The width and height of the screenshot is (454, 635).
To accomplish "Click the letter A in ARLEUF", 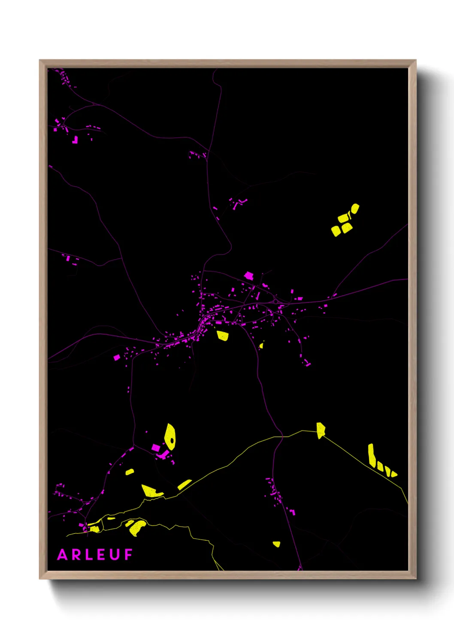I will click(x=62, y=555).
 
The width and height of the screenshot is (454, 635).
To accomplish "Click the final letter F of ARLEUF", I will click(x=128, y=555).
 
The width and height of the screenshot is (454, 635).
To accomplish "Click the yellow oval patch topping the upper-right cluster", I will click(x=355, y=209).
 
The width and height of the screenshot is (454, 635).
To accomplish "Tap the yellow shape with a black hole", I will click(x=170, y=437).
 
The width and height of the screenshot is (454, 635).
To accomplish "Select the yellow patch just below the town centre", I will click(x=222, y=335).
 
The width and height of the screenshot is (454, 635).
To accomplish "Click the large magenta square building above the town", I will click(x=249, y=275).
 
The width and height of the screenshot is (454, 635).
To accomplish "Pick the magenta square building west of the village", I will click(x=117, y=357).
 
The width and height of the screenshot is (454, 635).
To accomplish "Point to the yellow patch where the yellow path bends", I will click(x=321, y=430).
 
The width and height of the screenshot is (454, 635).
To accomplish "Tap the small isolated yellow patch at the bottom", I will click(x=276, y=544).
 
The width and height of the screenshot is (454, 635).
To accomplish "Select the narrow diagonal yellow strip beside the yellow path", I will click(x=185, y=484).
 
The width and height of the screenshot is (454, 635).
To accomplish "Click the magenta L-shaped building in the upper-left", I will click(x=76, y=140).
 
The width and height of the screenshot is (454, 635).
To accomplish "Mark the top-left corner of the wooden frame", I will click(x=40, y=60).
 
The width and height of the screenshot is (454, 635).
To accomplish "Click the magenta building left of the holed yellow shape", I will click(x=156, y=448).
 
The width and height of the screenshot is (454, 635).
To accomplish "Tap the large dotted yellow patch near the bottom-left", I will click(x=137, y=527).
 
